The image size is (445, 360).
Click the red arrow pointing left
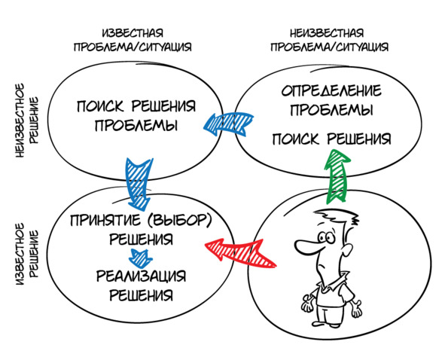[x=239, y=252]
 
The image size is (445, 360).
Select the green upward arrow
[x=337, y=176]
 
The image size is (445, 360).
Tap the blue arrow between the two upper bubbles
[x=228, y=124]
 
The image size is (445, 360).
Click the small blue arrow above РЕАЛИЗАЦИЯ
[x=141, y=258]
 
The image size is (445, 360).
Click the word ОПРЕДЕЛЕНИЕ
[x=331, y=90]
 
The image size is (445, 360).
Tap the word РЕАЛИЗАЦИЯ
[x=142, y=276]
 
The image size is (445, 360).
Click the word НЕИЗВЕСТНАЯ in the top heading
[x=327, y=33]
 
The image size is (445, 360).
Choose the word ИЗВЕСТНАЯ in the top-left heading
[x=133, y=33]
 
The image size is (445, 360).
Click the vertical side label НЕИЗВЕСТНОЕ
[x=20, y=120]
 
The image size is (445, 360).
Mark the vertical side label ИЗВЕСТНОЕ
[x=20, y=254]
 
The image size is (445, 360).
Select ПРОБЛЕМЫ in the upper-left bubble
[x=136, y=125]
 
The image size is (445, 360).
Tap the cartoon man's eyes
[x=326, y=236]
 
